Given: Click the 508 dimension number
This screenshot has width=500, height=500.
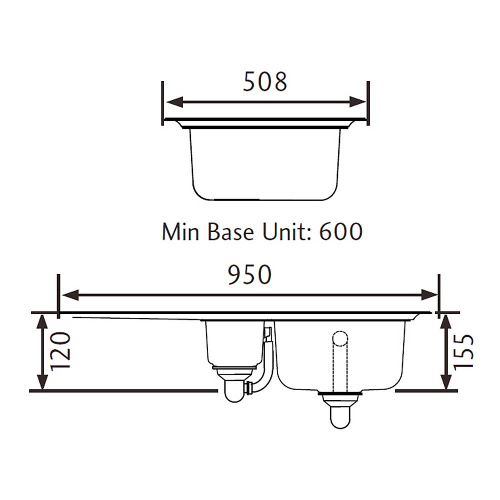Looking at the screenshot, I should point(265,81).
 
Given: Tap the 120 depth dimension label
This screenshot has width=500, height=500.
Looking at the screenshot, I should point(60,352).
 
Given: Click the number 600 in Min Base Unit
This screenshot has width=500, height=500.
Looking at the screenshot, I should point(340,231).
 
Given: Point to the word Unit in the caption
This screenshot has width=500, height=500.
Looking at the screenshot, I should point(284,231).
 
